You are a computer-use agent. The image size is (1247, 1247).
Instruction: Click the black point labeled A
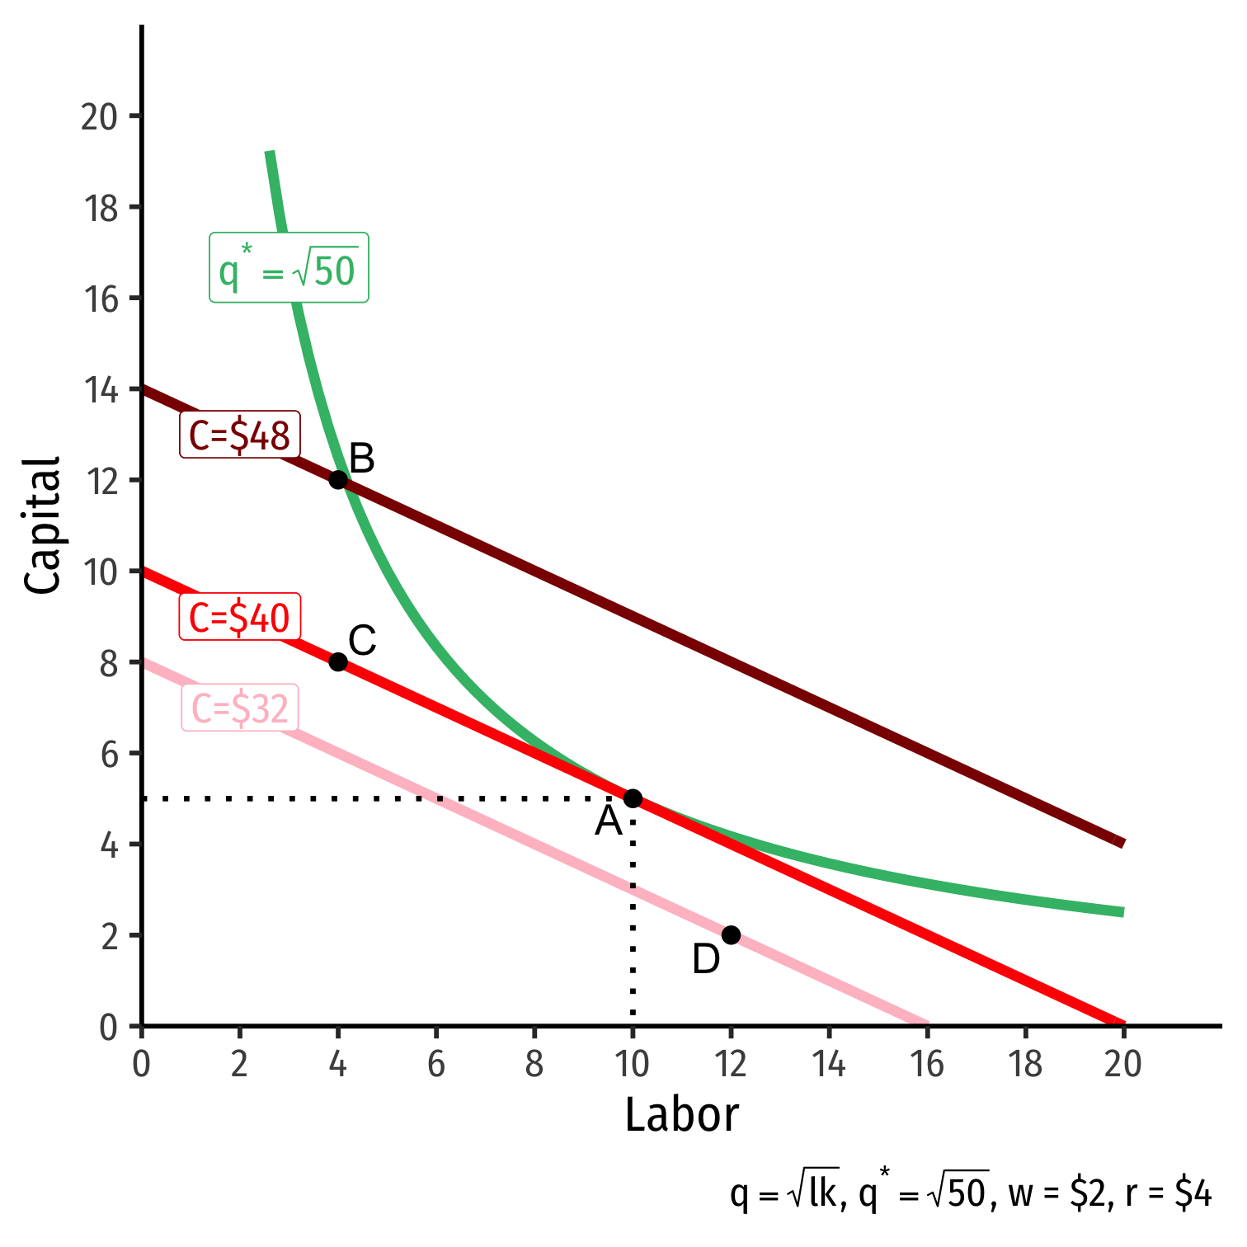[x=633, y=798]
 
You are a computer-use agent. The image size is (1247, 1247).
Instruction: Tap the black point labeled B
[x=338, y=480]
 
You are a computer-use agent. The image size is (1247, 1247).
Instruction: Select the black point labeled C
[x=338, y=661]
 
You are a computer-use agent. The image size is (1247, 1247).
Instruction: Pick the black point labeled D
[x=731, y=935]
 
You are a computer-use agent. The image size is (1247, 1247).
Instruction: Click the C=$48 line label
[x=240, y=435]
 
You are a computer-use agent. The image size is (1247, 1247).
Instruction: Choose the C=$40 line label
[x=240, y=618]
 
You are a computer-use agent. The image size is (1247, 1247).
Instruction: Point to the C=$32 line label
[x=240, y=708]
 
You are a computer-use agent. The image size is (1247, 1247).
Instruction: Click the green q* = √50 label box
[x=289, y=269]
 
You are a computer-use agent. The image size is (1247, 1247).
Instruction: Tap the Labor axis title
[x=681, y=1116]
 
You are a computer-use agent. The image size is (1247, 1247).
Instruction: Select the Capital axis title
[x=43, y=525]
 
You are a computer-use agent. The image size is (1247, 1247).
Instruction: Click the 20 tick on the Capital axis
[x=99, y=116]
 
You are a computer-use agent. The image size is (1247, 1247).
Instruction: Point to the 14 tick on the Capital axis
[x=99, y=389]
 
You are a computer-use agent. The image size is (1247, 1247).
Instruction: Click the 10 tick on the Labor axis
[x=633, y=1065]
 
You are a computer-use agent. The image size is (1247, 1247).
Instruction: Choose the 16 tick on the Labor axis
[x=927, y=1065]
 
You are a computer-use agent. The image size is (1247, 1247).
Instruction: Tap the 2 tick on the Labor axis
[x=239, y=1065]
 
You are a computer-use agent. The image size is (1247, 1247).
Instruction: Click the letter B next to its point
[x=362, y=459]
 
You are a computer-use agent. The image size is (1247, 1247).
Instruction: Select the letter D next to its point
[x=706, y=960]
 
